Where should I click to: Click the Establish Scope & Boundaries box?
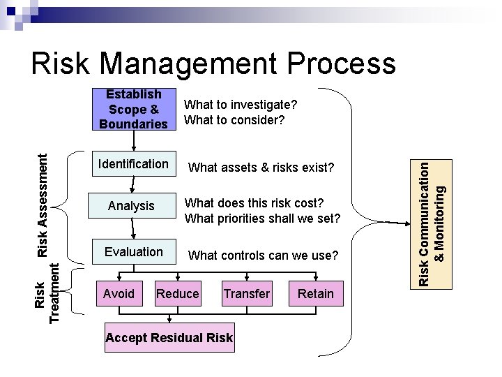[134, 110]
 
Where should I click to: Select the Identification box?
[134, 165]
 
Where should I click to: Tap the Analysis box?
[131, 206]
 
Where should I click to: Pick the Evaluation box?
[134, 252]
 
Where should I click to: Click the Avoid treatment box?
[119, 294]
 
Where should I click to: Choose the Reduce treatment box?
[178, 294]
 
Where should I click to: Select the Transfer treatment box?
[246, 294]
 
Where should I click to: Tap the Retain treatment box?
[316, 294]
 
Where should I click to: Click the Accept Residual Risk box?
[169, 338]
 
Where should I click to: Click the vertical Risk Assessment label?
[43, 195]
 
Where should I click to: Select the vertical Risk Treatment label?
[47, 293]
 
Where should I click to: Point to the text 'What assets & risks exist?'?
[261, 168]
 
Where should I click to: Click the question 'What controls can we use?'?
[263, 256]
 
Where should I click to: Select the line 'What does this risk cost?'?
[254, 202]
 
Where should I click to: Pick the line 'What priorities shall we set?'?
[262, 219]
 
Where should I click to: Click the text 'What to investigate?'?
[240, 104]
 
